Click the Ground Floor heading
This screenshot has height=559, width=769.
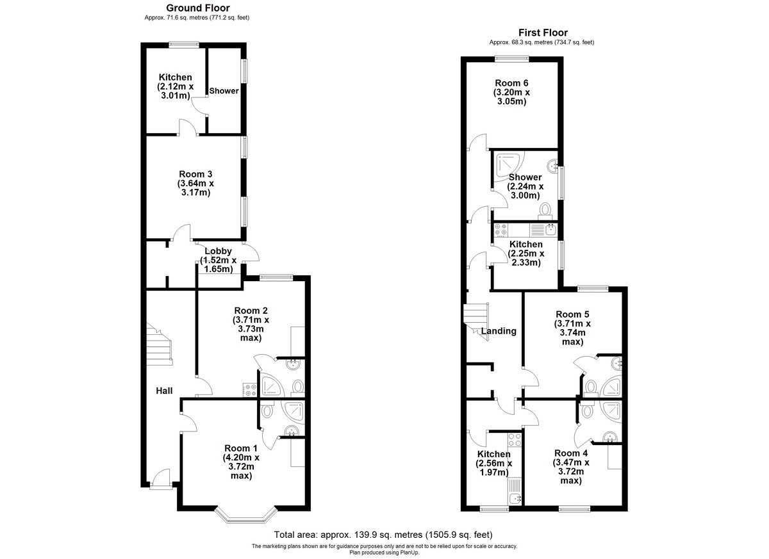tap(198, 8)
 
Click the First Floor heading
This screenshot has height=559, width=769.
tap(543, 33)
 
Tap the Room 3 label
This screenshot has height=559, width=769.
tap(195, 174)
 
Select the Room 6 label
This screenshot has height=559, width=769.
tap(511, 83)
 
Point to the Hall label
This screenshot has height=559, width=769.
tap(164, 391)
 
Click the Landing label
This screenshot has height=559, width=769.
tap(499, 331)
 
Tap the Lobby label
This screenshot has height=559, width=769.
tap(218, 251)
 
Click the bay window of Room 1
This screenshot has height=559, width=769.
tap(246, 517)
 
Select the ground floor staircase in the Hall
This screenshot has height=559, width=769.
tap(160, 344)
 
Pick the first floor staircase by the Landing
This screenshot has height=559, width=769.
tap(476, 321)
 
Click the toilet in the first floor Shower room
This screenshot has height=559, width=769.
tap(545, 211)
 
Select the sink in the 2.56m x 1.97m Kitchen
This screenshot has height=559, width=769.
tap(515, 498)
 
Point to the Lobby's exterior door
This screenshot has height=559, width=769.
tap(251, 253)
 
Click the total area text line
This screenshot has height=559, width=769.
tap(383, 535)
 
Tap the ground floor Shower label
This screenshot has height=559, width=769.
tap(224, 91)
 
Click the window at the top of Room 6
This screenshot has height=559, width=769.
tap(511, 59)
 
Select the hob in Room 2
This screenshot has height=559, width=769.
tap(249, 390)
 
